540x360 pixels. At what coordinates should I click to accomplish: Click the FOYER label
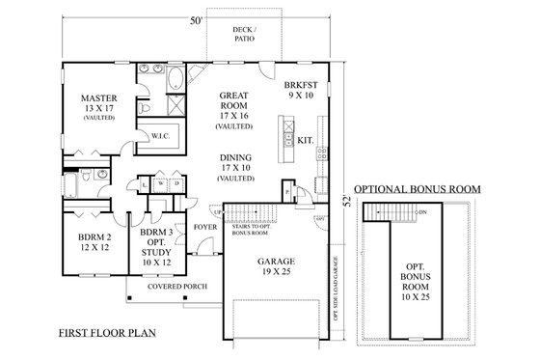pyautogui.click(x=204, y=228)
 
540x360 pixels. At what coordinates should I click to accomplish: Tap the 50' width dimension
pyautogui.click(x=196, y=19)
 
